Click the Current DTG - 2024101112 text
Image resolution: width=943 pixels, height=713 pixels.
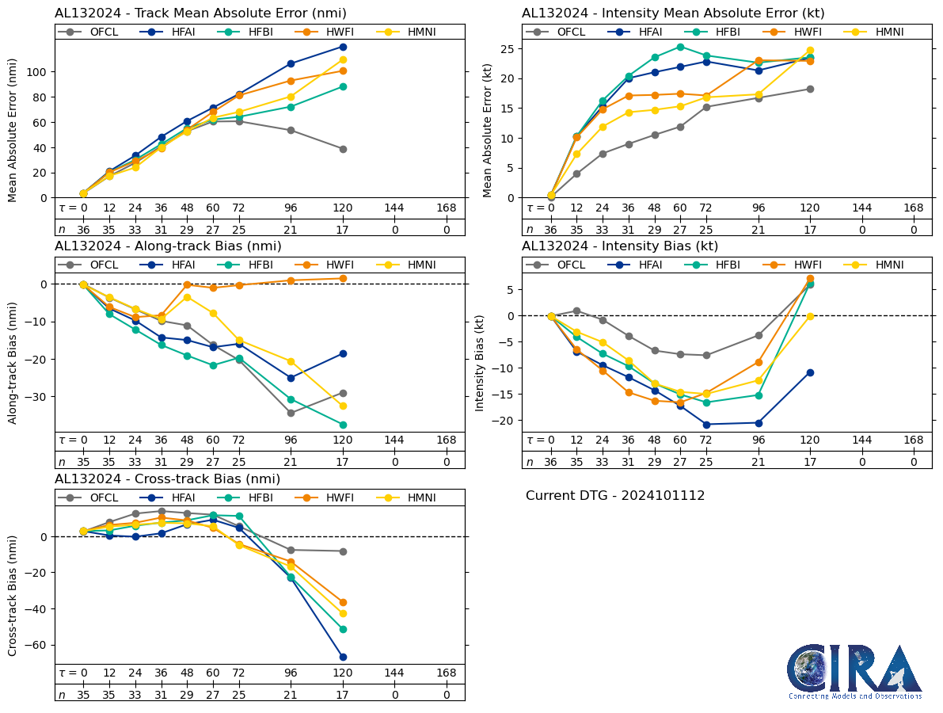[x=614, y=496]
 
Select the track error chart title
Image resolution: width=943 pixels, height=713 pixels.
[x=200, y=13]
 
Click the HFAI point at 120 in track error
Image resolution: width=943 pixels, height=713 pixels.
[x=343, y=47]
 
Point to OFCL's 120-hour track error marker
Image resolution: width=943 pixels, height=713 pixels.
[x=343, y=149]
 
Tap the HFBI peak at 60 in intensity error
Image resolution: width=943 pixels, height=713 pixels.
[x=680, y=47]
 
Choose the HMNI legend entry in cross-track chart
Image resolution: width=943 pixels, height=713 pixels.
[x=413, y=498]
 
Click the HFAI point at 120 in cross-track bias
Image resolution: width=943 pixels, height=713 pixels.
[x=343, y=657]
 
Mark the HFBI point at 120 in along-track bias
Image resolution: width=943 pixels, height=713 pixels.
[x=343, y=425]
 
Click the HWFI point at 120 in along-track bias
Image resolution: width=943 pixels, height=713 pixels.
[x=343, y=278]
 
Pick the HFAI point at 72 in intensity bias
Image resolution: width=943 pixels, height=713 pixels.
[x=706, y=425]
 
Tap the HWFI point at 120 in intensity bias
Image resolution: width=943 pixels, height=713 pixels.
[x=810, y=278]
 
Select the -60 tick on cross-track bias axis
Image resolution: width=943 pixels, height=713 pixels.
[x=36, y=645]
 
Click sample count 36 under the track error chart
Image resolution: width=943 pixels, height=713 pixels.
[x=83, y=229]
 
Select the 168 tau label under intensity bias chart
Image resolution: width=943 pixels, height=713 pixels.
[x=914, y=440]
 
